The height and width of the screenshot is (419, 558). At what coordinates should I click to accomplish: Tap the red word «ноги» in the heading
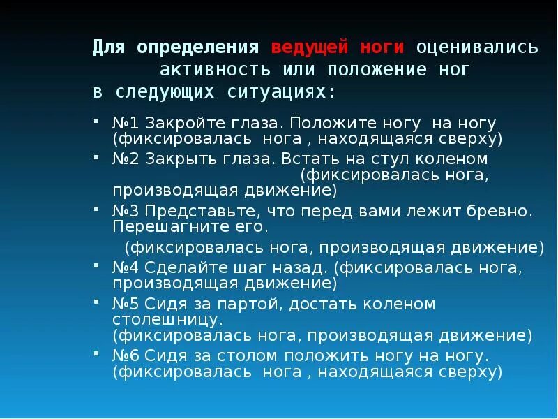[383, 47]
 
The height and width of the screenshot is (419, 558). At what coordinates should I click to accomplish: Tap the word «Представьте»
[190, 211]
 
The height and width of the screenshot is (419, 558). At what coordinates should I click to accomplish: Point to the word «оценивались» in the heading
[477, 47]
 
